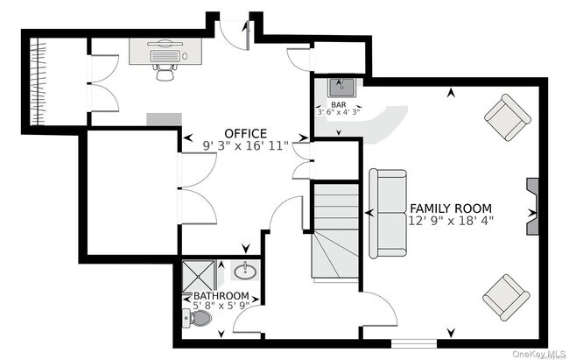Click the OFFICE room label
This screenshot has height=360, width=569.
(245, 133)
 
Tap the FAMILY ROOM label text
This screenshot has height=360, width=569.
(450, 208)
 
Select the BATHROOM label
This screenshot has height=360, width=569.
(221, 296)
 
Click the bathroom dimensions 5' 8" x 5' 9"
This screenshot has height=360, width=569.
(221, 307)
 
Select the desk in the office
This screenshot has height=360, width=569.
(166, 50)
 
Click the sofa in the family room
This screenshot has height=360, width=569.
(386, 214)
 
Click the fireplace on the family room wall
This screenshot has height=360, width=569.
(533, 208)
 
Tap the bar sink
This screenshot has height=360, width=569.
(340, 87)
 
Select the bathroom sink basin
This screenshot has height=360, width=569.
(244, 271)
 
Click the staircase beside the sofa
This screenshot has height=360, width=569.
(336, 232)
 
